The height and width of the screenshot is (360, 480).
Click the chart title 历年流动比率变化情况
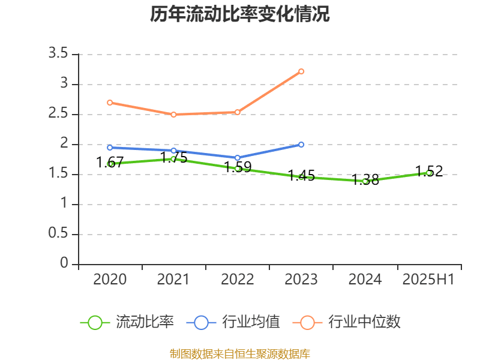(240, 14)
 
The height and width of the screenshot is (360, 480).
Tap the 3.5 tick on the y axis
(59, 54)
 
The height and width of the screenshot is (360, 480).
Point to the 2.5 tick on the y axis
(59, 114)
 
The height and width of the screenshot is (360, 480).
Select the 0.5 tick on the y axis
(59, 234)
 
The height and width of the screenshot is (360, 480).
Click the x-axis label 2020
(110, 279)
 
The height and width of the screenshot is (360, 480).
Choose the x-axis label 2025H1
(428, 279)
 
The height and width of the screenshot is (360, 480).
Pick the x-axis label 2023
(301, 279)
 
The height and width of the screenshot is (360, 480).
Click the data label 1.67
(110, 162)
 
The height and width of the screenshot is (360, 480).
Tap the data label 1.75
(173, 158)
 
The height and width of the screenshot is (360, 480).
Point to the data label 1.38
(365, 179)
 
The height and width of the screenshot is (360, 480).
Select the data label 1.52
(429, 171)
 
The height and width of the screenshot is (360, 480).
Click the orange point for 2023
(301, 71)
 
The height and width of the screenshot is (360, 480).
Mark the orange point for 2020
(110, 103)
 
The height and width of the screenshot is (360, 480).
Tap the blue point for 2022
(238, 158)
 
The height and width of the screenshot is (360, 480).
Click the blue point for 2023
(301, 145)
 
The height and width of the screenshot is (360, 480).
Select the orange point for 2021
(173, 115)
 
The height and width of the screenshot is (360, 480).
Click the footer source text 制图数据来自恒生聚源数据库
(240, 353)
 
